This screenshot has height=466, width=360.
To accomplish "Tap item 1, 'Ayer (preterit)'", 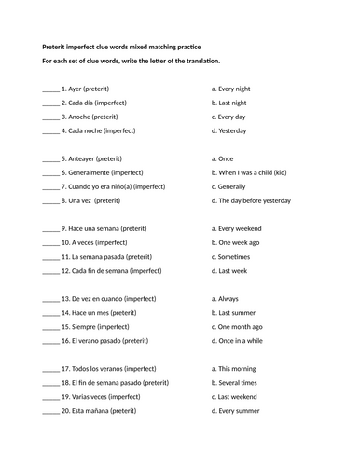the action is pyautogui.click(x=85, y=89).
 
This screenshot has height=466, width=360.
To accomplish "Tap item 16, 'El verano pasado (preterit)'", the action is pyautogui.click(x=103, y=341).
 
